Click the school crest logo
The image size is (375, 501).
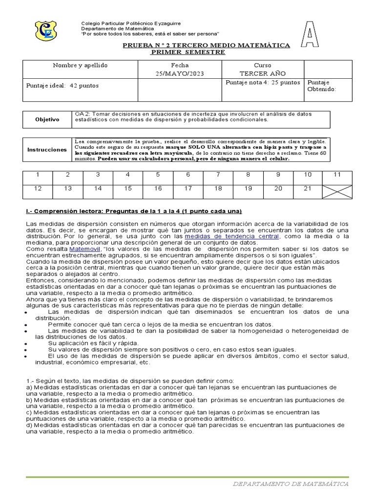click(x=46, y=30)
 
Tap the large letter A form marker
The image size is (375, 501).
click(x=309, y=34)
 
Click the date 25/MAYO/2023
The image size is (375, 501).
click(x=180, y=73)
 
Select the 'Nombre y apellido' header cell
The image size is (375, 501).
click(x=80, y=66)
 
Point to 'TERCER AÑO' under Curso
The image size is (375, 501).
click(x=262, y=73)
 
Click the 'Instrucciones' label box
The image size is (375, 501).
click(x=47, y=150)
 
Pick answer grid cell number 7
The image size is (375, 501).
click(x=218, y=175)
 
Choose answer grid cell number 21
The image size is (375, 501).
click(x=308, y=188)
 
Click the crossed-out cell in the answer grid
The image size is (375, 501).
click(x=337, y=188)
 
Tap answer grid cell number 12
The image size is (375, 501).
click(x=38, y=188)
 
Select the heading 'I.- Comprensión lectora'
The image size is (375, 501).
click(x=133, y=211)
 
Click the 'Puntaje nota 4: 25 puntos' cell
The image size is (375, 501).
click(x=263, y=83)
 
